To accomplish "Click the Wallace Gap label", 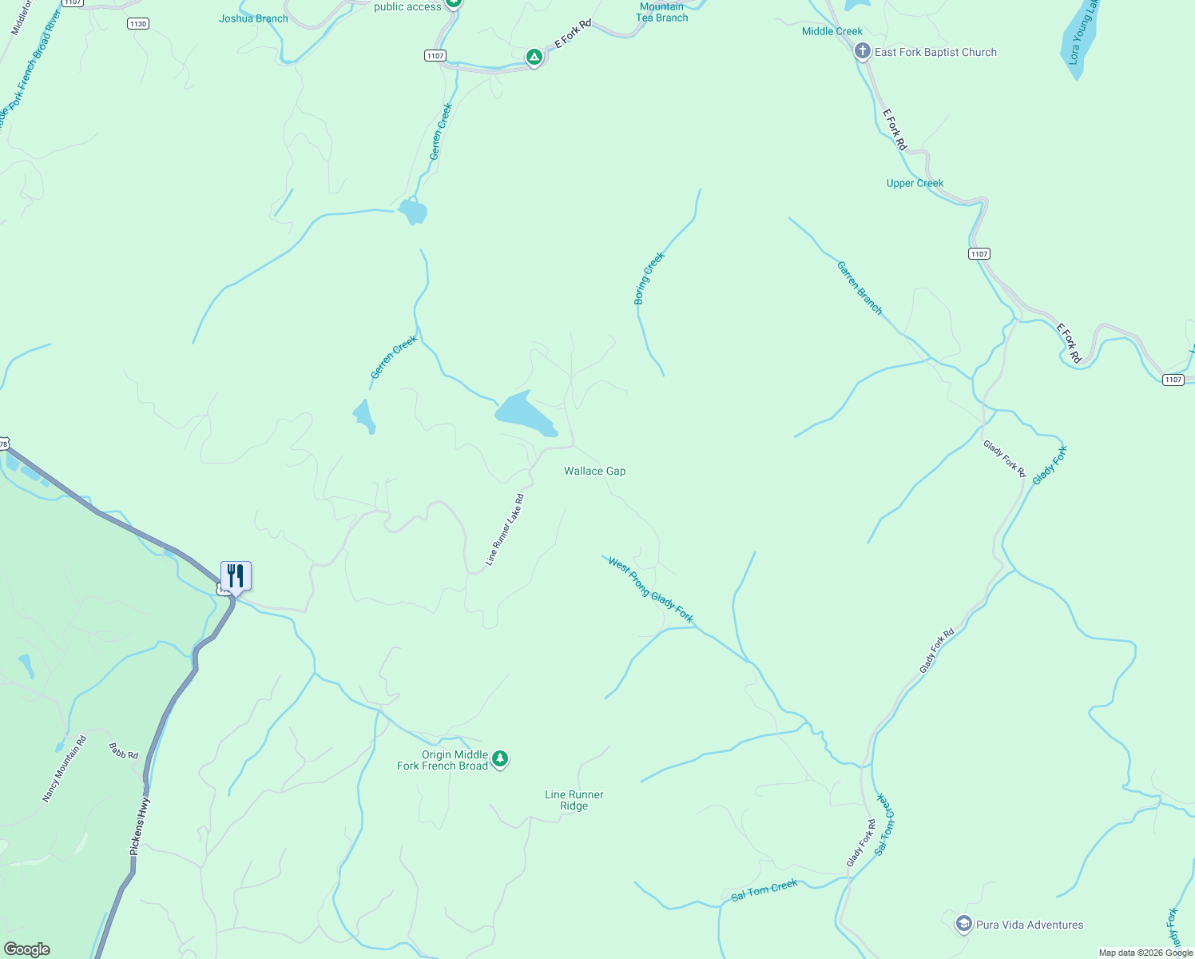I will point(594,471).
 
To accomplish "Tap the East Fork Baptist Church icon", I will point(862,52).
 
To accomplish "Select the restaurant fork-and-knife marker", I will point(236,575).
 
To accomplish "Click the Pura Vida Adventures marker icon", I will point(963,925).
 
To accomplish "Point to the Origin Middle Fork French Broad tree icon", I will point(500,758).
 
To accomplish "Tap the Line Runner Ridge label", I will point(574,800).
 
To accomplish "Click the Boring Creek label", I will point(649,278).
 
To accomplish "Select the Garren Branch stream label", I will point(860,288).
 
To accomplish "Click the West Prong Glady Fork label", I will point(650,591).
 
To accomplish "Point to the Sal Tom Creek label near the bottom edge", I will point(764,890).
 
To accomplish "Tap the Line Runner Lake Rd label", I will point(505,530).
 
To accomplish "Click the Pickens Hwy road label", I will point(140,826).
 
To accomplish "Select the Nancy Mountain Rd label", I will point(64,769).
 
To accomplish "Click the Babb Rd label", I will point(124,751).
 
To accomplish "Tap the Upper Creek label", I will point(915,183).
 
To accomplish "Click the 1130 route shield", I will point(138,24).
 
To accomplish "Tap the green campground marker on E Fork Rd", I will point(534,58).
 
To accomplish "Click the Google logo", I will point(27,949).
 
